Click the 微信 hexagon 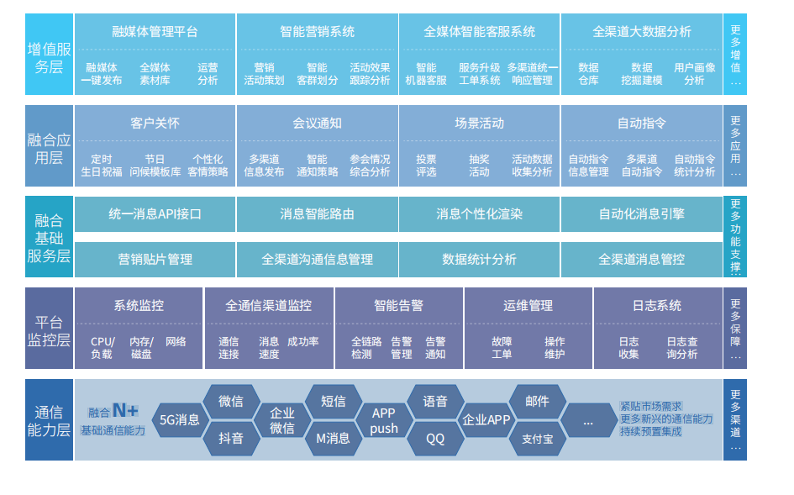[231, 402]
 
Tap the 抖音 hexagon [231, 438]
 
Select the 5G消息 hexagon [181, 420]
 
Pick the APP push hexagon [384, 420]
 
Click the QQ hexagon [435, 438]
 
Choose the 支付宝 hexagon [537, 438]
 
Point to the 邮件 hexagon [537, 402]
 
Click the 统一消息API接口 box [155, 213]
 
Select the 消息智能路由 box [317, 213]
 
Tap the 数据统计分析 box [479, 260]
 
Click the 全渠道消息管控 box [642, 260]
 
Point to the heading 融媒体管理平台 [155, 31]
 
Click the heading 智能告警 [398, 306]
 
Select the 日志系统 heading [657, 306]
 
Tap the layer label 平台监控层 [49, 331]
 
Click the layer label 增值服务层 [49, 58]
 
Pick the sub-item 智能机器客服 [426, 74]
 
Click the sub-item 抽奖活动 [479, 166]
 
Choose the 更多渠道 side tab [735, 419]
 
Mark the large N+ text [125, 410]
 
